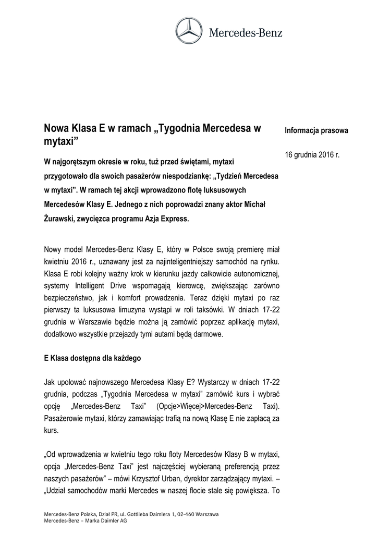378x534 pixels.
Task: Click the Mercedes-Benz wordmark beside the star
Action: click(x=246, y=33)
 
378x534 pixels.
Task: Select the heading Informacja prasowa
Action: click(x=316, y=130)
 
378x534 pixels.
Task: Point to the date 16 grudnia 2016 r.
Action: click(x=312, y=155)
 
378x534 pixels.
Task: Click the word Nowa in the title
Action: click(x=55, y=128)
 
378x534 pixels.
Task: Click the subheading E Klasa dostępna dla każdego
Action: click(x=92, y=359)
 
